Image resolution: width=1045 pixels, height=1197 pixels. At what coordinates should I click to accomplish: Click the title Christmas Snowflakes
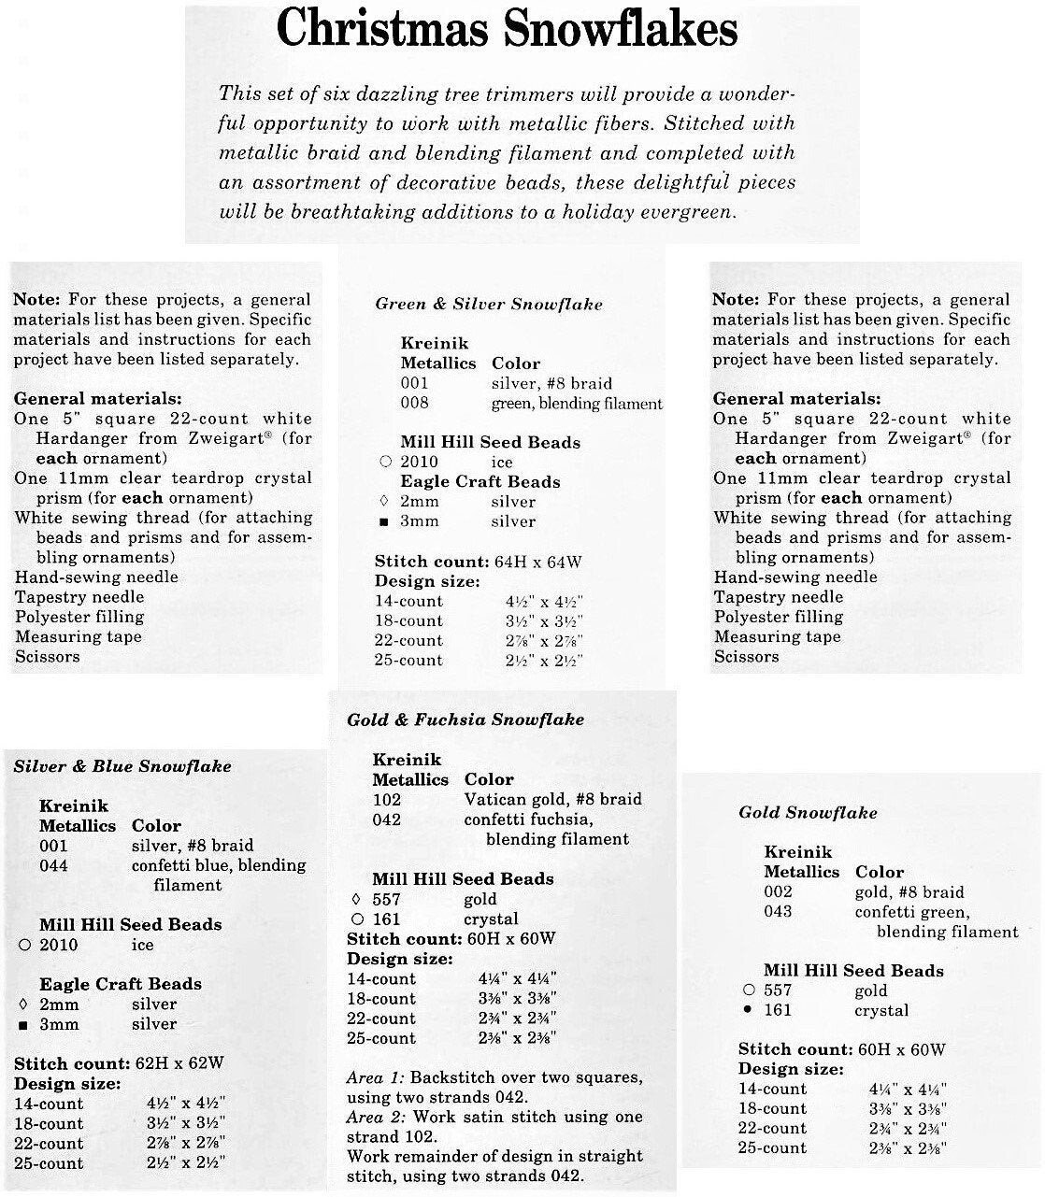pyautogui.click(x=508, y=30)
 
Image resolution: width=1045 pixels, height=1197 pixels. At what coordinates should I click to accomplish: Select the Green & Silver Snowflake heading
pyautogui.click(x=489, y=304)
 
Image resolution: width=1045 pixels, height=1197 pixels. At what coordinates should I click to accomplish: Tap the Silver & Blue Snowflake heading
pyautogui.click(x=122, y=766)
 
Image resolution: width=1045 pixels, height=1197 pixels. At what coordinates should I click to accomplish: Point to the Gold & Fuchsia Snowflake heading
pyautogui.click(x=465, y=720)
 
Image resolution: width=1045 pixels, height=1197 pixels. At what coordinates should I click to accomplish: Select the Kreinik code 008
pyautogui.click(x=414, y=403)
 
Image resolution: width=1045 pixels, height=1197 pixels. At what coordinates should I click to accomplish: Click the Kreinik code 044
pyautogui.click(x=53, y=865)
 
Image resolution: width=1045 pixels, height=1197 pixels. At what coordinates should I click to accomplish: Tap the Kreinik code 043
pyautogui.click(x=778, y=911)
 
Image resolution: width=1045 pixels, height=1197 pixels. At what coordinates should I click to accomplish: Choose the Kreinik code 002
pyautogui.click(x=778, y=891)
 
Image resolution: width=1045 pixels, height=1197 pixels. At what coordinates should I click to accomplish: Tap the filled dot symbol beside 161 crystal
pyautogui.click(x=748, y=1010)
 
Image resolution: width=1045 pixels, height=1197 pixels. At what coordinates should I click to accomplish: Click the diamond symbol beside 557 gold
pyautogui.click(x=355, y=900)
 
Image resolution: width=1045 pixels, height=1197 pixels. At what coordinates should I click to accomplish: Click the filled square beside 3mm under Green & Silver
pyautogui.click(x=385, y=521)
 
